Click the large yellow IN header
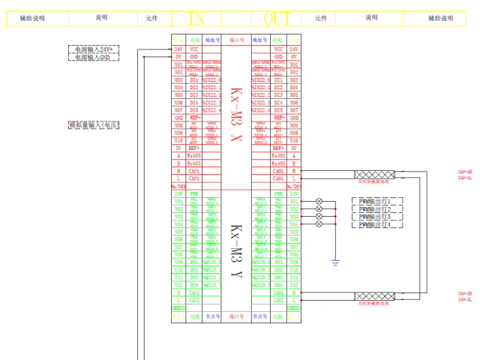[196, 17]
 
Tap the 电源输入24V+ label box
[93, 49]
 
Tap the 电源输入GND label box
[93, 57]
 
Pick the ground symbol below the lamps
[335, 260]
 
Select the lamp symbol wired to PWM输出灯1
[319, 202]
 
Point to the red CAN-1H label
[464, 172]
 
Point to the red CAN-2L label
[464, 300]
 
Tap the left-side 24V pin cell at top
[178, 49]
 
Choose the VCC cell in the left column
[193, 49]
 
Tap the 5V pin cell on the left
[178, 148]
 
